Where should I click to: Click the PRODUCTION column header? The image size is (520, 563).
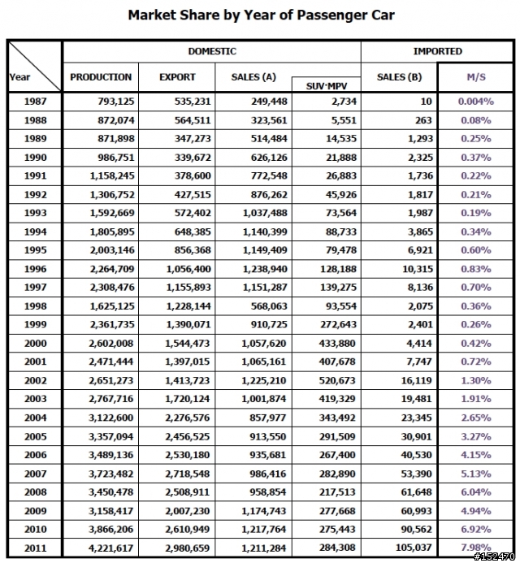click(x=101, y=77)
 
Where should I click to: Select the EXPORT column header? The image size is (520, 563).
click(x=177, y=77)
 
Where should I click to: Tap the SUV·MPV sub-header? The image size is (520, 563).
click(x=327, y=86)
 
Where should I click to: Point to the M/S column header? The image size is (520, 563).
click(x=476, y=77)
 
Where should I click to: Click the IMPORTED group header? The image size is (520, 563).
click(x=437, y=51)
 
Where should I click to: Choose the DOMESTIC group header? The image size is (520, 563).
click(x=212, y=51)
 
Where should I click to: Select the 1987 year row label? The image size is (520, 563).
click(x=35, y=102)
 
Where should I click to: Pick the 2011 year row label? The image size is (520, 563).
click(x=35, y=548)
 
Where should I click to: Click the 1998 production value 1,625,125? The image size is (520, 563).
click(x=112, y=306)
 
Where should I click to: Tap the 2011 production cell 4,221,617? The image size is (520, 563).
click(x=111, y=548)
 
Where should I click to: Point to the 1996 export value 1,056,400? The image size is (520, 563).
click(x=188, y=269)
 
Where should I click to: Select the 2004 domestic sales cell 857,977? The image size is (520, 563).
click(x=268, y=418)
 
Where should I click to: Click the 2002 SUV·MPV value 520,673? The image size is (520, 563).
click(x=337, y=380)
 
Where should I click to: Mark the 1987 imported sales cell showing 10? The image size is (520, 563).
click(x=426, y=102)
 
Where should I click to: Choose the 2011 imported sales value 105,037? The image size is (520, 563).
click(x=414, y=548)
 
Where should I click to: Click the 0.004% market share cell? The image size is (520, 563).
click(x=476, y=102)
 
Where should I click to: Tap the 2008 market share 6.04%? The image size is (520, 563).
click(x=476, y=492)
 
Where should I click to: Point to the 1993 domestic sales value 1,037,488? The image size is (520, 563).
click(x=265, y=213)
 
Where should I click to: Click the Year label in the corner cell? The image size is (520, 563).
click(x=19, y=77)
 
